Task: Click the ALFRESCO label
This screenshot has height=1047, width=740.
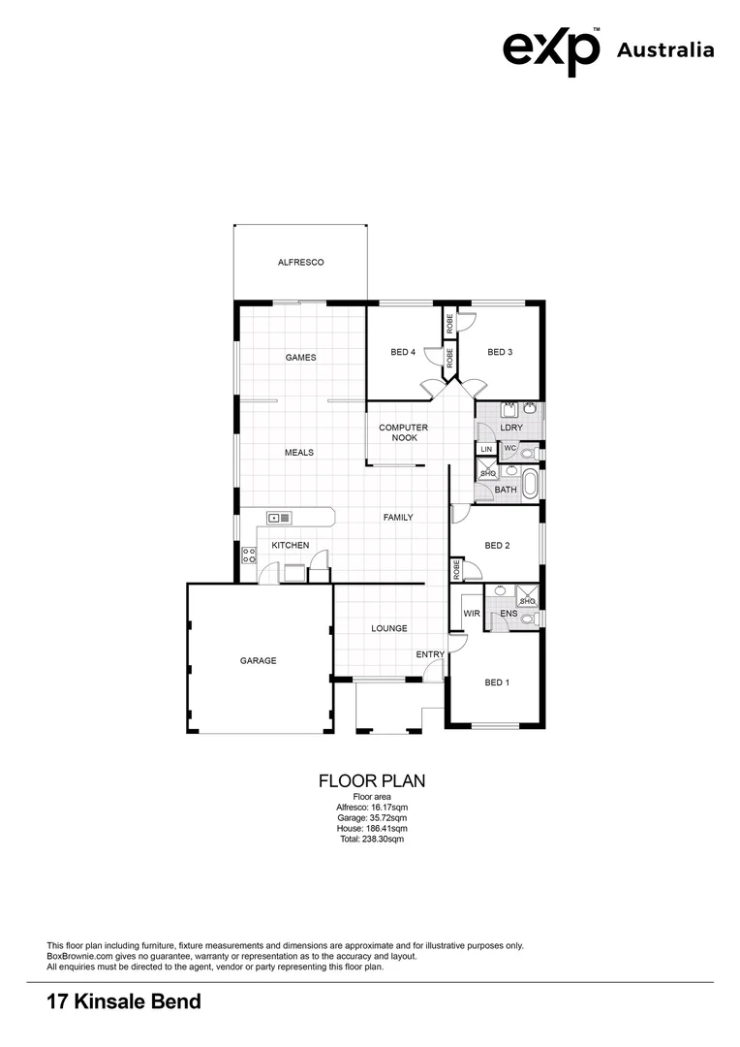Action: (300, 263)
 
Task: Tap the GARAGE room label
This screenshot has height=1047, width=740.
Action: (259, 661)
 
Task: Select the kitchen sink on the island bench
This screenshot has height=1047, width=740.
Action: (280, 518)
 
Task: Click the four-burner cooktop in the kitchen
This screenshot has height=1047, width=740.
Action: (249, 556)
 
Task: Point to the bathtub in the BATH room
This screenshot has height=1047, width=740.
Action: (530, 484)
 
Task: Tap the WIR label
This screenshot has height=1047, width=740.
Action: (473, 614)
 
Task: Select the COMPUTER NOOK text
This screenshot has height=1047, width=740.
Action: (403, 432)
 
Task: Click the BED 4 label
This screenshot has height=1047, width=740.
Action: (403, 353)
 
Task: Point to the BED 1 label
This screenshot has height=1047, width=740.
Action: (496, 683)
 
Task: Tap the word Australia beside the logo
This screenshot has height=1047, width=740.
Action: (665, 50)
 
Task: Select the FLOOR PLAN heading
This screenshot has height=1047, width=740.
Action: (372, 780)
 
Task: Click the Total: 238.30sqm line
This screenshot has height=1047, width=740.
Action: (372, 840)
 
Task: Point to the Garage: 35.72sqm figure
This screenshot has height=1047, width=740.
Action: (372, 818)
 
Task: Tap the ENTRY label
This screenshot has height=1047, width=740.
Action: (430, 655)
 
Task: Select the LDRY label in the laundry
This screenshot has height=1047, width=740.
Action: (511, 428)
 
